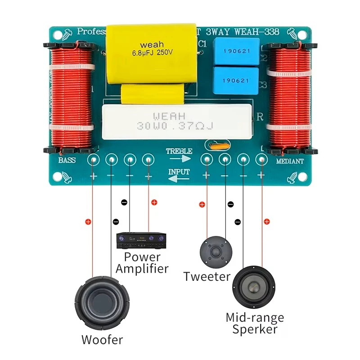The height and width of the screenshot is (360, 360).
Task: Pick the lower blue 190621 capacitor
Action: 236,81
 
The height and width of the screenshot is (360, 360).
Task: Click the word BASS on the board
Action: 67,161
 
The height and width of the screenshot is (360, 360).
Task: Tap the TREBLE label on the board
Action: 179,151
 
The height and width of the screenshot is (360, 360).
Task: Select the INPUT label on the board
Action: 179,172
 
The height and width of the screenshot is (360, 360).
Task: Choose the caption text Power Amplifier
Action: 142,263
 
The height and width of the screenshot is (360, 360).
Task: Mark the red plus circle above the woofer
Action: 88,221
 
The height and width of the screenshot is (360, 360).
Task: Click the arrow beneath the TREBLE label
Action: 180,159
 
